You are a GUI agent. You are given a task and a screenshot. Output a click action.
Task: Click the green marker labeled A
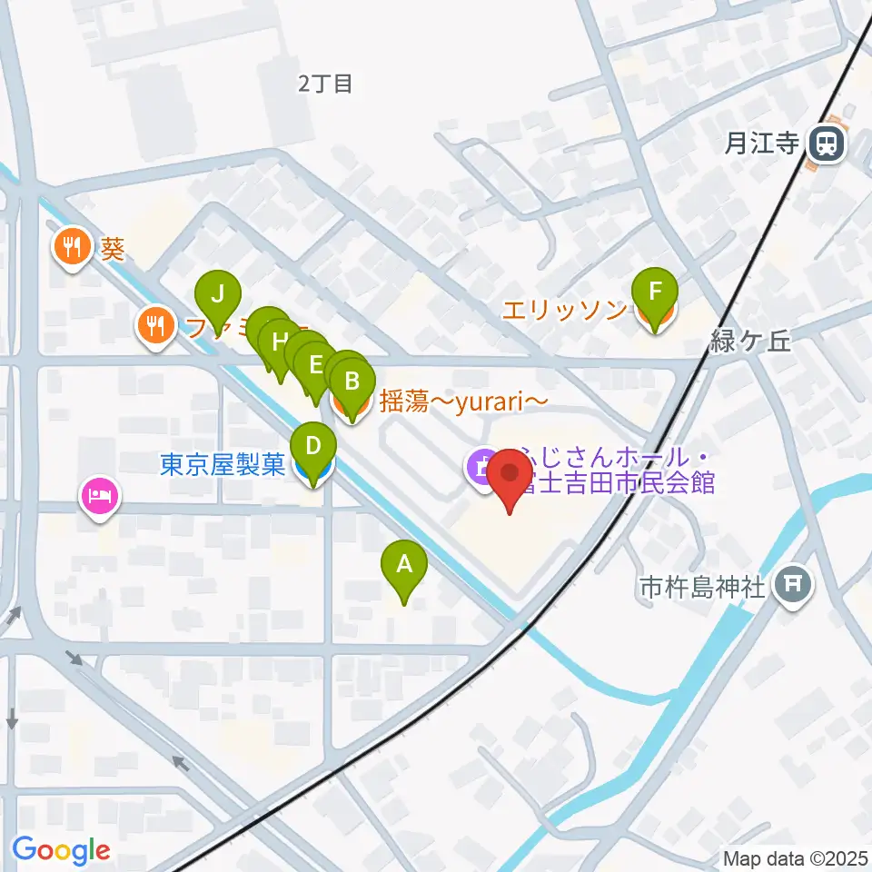point(403,565)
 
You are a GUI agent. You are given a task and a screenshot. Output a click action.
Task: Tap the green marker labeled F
point(655,293)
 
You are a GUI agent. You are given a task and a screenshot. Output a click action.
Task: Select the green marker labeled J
point(217,295)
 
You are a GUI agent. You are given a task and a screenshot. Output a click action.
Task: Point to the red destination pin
point(510,476)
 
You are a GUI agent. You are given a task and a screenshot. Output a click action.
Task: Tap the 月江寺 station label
point(761,143)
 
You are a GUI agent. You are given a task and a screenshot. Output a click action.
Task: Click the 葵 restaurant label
point(113,249)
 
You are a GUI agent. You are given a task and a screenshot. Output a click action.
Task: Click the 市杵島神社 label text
point(702,588)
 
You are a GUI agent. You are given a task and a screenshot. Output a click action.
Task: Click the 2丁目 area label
point(324,84)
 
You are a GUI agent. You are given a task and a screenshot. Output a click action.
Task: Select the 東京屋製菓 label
point(223,465)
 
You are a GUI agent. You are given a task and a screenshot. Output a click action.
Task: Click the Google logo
point(61,850)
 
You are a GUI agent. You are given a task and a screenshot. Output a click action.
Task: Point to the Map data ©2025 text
point(795,857)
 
